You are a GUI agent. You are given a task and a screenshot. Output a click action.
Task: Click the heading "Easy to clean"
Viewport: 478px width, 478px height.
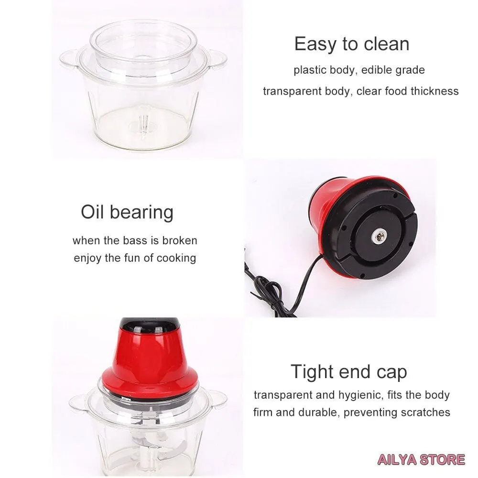pos(351,44)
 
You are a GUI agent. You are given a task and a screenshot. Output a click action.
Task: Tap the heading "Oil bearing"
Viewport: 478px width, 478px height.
pos(127,212)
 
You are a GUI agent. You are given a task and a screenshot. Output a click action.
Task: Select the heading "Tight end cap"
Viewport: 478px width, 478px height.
pos(349,372)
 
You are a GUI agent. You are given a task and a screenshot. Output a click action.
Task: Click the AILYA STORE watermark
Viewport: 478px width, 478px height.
pos(421,459)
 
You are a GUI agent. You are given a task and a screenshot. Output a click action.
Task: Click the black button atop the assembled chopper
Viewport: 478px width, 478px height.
pos(149,322)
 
